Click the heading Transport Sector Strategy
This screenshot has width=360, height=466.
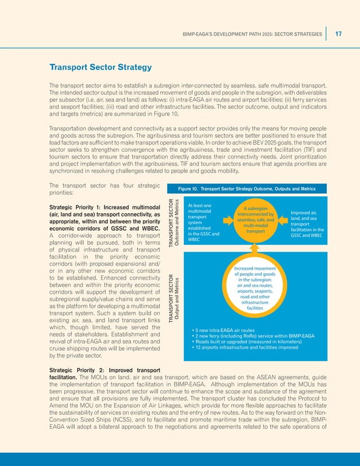tap(100, 68)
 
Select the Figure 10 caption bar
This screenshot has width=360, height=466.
tap(247, 188)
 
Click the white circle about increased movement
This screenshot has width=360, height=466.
tap(256, 288)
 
